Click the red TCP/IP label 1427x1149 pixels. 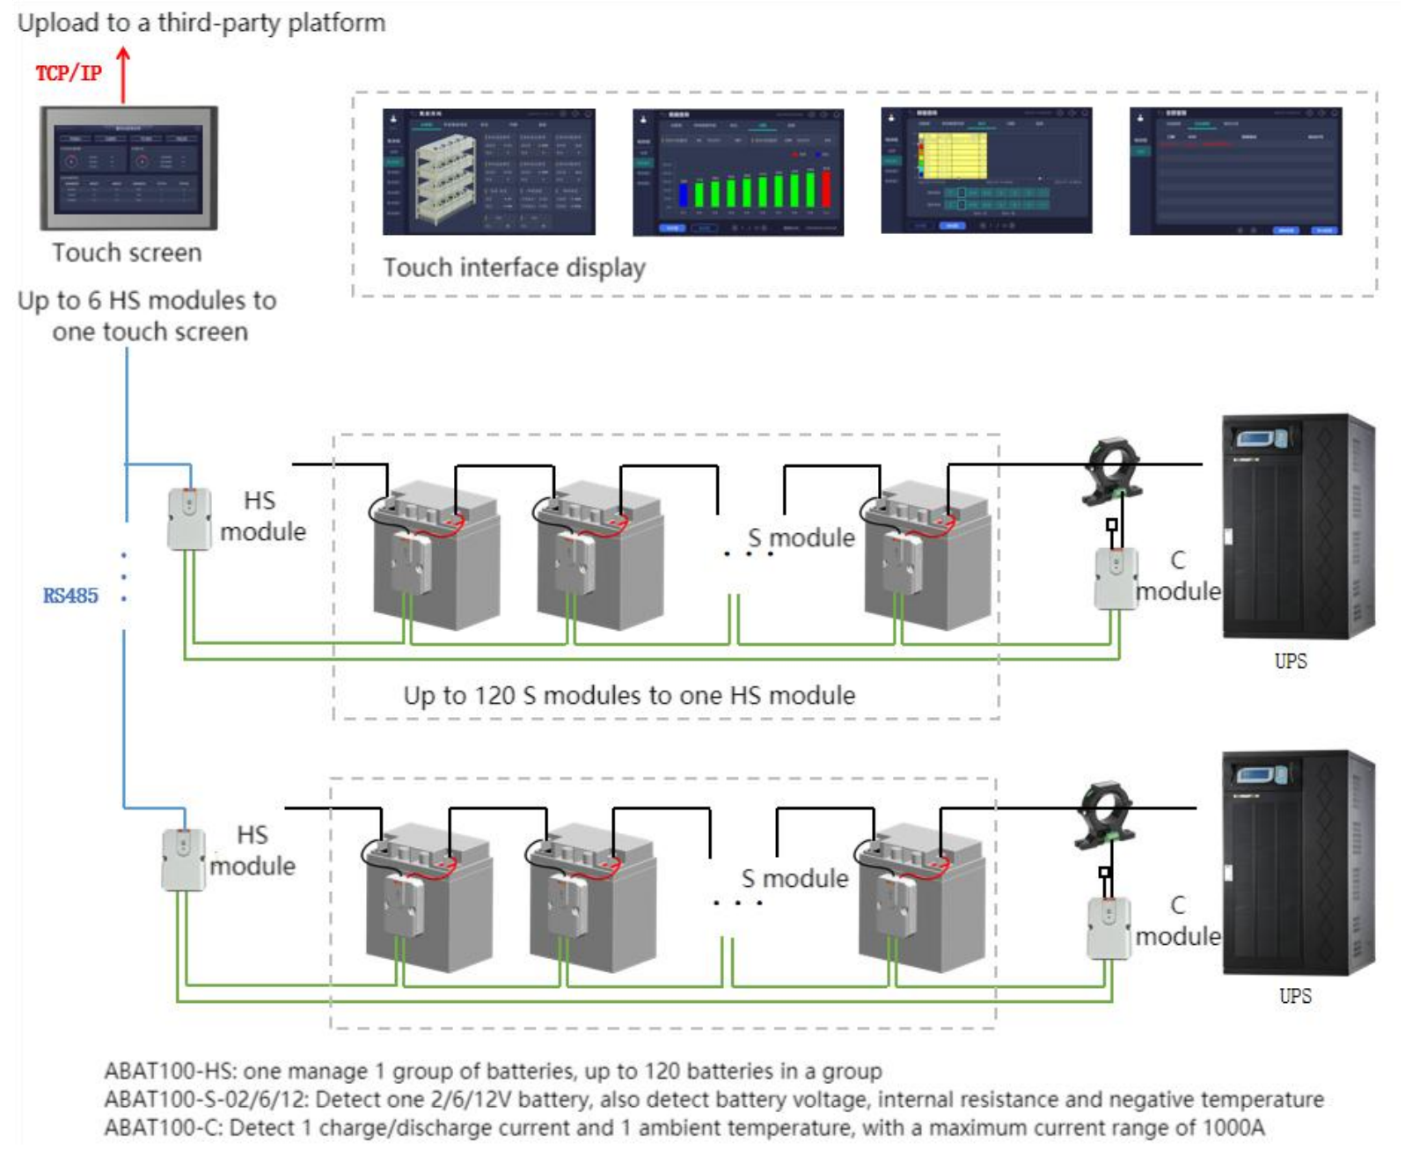(68, 73)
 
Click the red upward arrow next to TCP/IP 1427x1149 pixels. (123, 75)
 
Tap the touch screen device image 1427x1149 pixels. (128, 167)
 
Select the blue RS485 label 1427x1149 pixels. (70, 596)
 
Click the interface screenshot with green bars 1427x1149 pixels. (737, 172)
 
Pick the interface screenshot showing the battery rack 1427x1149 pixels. (488, 172)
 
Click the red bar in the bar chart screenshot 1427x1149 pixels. (825, 188)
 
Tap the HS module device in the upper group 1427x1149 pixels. (189, 519)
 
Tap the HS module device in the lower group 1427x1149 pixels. (183, 860)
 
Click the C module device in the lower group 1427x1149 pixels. (1109, 927)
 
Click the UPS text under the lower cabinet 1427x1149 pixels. (1294, 996)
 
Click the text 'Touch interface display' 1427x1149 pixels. (514, 267)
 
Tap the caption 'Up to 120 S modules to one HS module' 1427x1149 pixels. (629, 695)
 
